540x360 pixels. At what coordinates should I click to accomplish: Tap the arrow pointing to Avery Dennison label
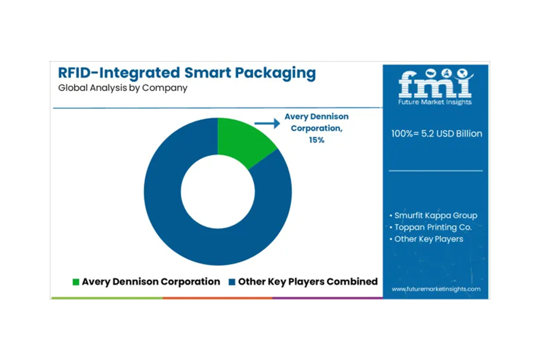267,124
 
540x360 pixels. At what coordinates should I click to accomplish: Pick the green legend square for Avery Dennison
76,282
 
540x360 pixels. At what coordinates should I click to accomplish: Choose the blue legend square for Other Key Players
232,282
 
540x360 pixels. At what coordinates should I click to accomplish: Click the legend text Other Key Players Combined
308,282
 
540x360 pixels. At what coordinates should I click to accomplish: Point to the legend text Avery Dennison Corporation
151,282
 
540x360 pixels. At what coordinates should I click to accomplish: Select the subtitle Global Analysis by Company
123,88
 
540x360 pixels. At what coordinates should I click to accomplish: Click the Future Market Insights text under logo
435,102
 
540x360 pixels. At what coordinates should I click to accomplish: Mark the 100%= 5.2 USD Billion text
436,133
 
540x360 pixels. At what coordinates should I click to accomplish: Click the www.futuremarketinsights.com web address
436,289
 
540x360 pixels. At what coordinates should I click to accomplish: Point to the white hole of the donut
218,191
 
